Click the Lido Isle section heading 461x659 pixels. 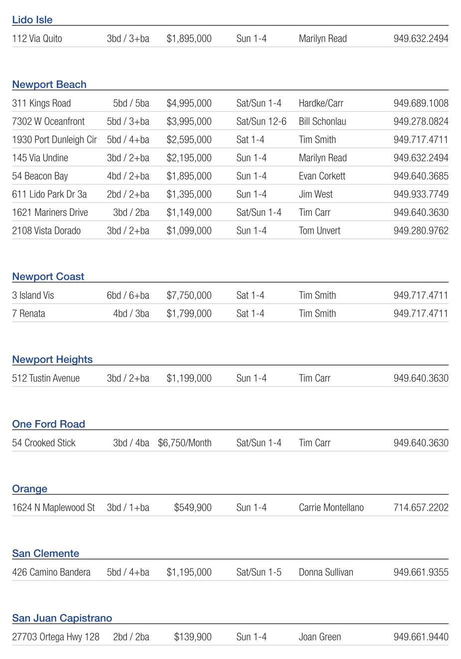(x=32, y=20)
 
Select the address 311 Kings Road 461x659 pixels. (x=41, y=103)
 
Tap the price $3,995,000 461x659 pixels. (x=189, y=121)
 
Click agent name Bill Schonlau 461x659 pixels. (x=322, y=121)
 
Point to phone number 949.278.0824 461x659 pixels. (x=421, y=121)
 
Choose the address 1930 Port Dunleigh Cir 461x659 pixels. (x=54, y=140)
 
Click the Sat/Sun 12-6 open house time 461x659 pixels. (x=261, y=121)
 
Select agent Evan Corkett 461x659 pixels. (x=322, y=176)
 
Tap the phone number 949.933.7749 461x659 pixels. (x=421, y=194)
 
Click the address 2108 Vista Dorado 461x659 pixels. (x=46, y=231)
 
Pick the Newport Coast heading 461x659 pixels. (x=48, y=277)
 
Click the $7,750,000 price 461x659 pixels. (x=189, y=295)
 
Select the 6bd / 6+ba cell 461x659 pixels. (x=128, y=295)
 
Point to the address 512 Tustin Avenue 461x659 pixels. (x=46, y=378)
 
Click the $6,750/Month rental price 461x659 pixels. (x=185, y=443)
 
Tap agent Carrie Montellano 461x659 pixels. (x=331, y=508)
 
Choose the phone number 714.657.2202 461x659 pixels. (x=421, y=508)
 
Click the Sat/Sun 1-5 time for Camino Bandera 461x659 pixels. (x=259, y=572)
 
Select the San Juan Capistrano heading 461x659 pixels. (x=62, y=618)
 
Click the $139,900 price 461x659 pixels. (x=193, y=637)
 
